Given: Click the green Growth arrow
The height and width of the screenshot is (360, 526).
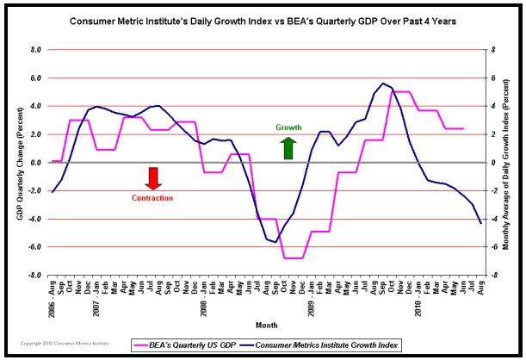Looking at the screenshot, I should click(x=288, y=147).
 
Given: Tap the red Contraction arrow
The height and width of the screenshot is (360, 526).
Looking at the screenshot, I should click(x=152, y=177).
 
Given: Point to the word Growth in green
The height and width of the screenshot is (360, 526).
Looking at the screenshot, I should click(x=288, y=127).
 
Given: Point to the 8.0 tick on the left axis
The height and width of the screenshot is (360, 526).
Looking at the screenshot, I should click(x=36, y=50).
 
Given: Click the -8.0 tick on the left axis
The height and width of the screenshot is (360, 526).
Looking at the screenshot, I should click(x=35, y=276).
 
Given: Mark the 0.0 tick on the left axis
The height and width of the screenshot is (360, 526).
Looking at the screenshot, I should click(x=36, y=163).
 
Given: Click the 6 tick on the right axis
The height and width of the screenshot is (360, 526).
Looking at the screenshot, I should click(x=493, y=78).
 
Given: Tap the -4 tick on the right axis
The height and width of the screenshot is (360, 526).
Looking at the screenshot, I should click(x=492, y=220).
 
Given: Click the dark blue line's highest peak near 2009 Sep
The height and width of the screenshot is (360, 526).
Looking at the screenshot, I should click(x=382, y=84).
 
